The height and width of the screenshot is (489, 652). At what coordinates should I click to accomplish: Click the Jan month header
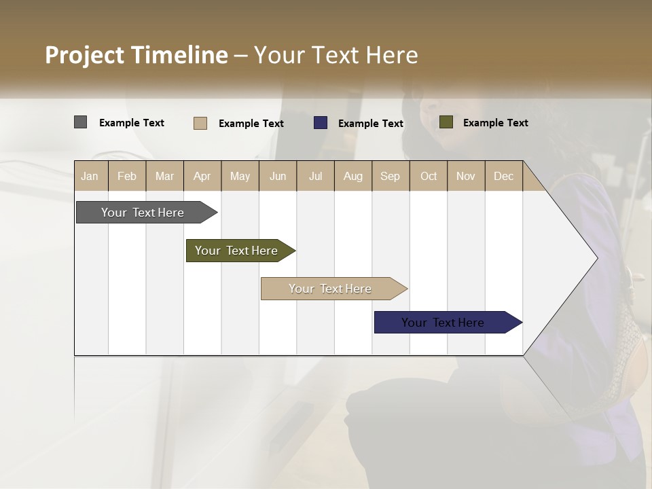tap(90, 176)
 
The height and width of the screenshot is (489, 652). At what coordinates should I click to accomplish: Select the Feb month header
tap(127, 176)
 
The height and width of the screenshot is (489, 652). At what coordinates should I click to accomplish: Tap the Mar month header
tap(164, 176)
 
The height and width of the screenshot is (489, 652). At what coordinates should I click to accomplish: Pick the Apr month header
tap(202, 176)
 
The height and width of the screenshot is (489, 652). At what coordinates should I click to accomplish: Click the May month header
tap(240, 176)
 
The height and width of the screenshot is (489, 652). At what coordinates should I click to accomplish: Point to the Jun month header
tap(278, 176)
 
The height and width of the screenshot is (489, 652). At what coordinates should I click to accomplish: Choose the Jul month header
tap(315, 176)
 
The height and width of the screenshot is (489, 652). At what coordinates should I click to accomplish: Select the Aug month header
tap(353, 176)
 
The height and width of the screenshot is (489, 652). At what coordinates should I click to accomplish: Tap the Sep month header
tap(391, 176)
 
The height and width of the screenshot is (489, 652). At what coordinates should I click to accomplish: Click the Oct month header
tap(429, 176)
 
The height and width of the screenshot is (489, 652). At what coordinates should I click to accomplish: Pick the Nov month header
tap(466, 176)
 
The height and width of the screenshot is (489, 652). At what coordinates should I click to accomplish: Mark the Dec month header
tap(504, 176)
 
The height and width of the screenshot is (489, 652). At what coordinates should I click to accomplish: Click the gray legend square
tap(80, 122)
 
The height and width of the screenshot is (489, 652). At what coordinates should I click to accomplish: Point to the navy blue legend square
tap(321, 123)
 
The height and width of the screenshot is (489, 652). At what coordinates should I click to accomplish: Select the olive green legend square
tap(446, 122)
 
